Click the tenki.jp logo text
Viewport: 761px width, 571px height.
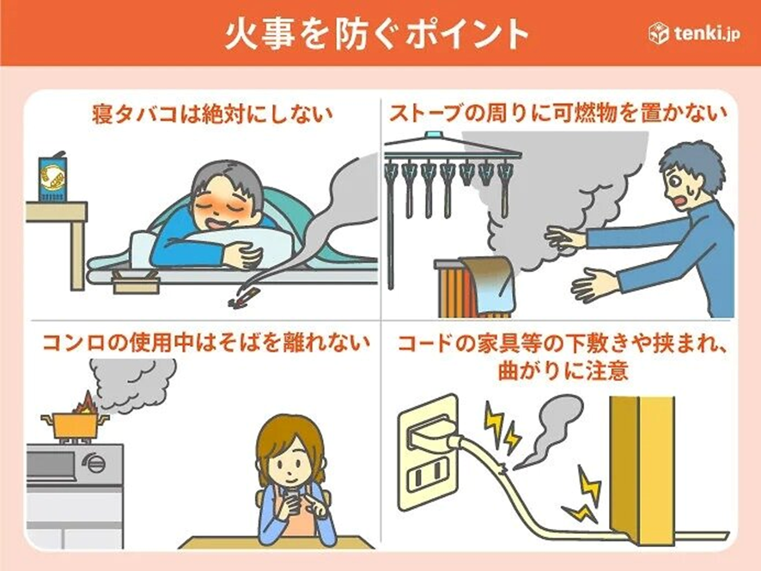click(x=707, y=34)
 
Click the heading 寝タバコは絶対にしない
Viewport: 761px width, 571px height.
click(x=212, y=114)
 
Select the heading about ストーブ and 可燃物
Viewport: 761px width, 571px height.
click(x=558, y=114)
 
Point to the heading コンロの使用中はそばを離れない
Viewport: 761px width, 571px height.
click(x=206, y=342)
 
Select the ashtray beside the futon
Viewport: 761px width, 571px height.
click(x=136, y=282)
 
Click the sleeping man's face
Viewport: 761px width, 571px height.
click(x=224, y=204)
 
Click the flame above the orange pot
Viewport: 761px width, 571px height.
click(x=87, y=402)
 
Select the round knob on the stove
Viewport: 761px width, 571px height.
click(x=94, y=462)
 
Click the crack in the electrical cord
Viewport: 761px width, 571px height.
click(x=504, y=468)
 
